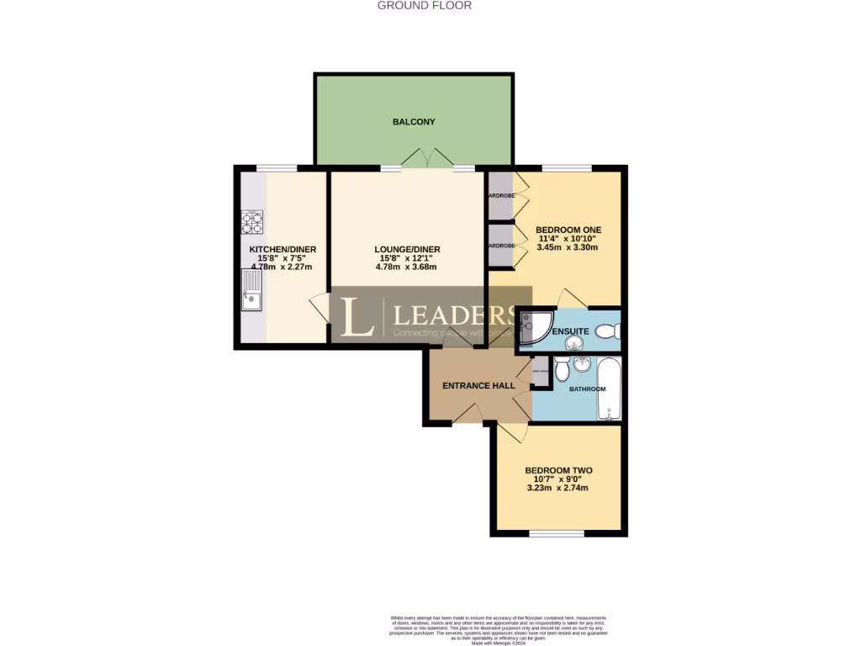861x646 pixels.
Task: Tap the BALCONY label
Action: [414, 122]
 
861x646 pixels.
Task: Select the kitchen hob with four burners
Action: [252, 221]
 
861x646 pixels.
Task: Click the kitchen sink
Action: [252, 289]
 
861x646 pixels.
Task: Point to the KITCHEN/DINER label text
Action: [283, 250]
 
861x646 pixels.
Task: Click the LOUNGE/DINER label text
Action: [407, 250]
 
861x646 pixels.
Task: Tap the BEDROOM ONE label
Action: [568, 230]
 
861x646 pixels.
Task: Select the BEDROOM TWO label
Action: [558, 471]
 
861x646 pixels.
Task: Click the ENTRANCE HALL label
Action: [478, 385]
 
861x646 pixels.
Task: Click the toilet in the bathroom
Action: [561, 367]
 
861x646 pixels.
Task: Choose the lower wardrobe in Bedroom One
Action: [501, 246]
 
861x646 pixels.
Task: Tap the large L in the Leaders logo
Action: [359, 316]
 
